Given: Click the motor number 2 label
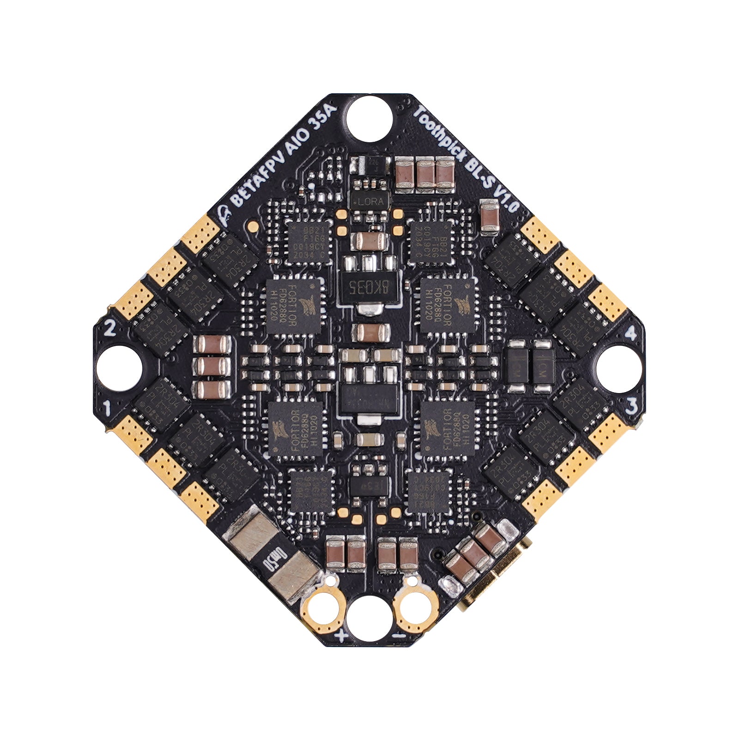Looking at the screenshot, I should pos(110,328).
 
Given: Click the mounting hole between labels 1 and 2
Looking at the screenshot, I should pos(119,369).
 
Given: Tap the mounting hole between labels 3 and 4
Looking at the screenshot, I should pos(619,369).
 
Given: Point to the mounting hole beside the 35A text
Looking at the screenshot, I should pos(369,118).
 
